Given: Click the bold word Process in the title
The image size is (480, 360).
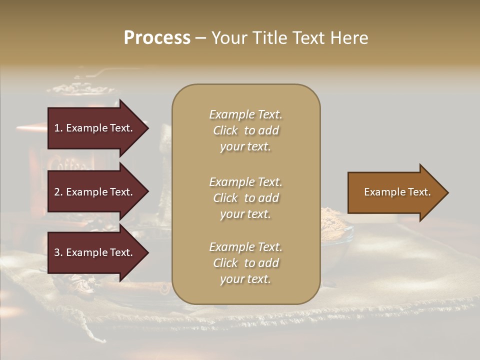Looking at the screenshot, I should (157, 38).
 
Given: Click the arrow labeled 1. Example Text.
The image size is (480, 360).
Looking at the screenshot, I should (95, 128).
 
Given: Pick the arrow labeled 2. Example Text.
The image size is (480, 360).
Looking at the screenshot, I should (95, 192).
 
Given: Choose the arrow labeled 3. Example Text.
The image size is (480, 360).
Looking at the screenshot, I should (95, 252).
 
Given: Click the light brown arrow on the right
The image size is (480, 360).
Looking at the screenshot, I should (395, 192).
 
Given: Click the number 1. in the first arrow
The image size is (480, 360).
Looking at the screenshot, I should (58, 128).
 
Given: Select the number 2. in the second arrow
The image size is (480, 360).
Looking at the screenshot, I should (58, 192).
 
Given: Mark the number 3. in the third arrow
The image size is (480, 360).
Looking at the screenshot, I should (58, 252).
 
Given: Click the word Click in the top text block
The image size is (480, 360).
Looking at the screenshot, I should (225, 130).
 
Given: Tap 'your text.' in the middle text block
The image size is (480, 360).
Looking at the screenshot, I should (245, 214).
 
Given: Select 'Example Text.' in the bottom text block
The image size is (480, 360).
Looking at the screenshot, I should (245, 247).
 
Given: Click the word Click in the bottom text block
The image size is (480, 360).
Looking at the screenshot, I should (225, 263).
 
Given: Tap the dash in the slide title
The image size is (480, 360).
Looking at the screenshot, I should (201, 38).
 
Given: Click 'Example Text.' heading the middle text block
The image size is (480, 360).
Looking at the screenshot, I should (245, 182).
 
